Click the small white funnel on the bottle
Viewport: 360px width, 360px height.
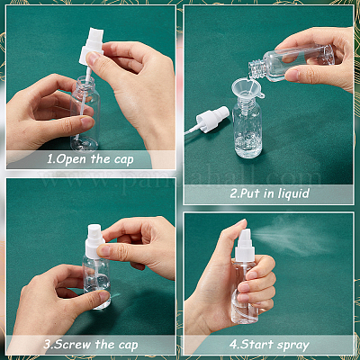pos(247,89)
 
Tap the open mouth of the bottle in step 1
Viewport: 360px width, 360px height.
pos(85,79)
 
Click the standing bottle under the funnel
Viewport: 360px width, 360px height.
pos(247,128)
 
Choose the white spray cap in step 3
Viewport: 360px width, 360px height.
pos(94,242)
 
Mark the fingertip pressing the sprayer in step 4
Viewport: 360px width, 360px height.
pos(242,223)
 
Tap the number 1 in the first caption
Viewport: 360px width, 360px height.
pos(49,159)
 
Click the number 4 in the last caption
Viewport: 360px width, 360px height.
pos(233,345)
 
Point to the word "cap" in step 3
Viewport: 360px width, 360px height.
pos(128,345)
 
